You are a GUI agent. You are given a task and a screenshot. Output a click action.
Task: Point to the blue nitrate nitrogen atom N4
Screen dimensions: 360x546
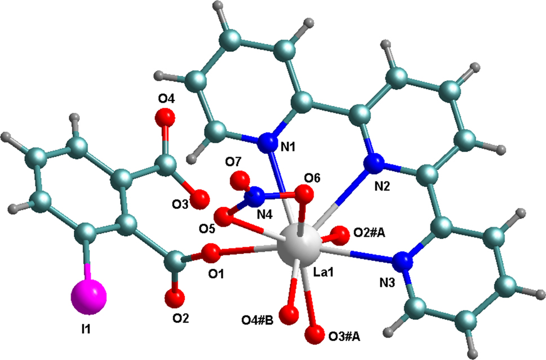click(258, 196)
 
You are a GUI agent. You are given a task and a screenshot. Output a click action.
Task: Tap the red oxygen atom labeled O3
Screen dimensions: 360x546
click(201, 198)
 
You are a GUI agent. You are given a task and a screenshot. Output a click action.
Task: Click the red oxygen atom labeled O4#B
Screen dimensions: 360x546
click(291, 313)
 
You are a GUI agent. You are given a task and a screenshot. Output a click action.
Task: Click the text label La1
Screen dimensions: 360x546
click(325, 273)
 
